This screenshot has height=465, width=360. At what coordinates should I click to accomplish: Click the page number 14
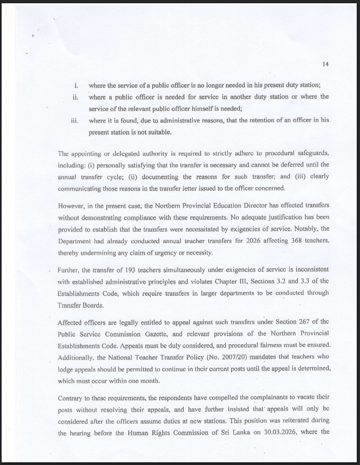[x=325, y=64]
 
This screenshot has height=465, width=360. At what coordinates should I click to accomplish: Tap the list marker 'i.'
[x=77, y=85]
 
